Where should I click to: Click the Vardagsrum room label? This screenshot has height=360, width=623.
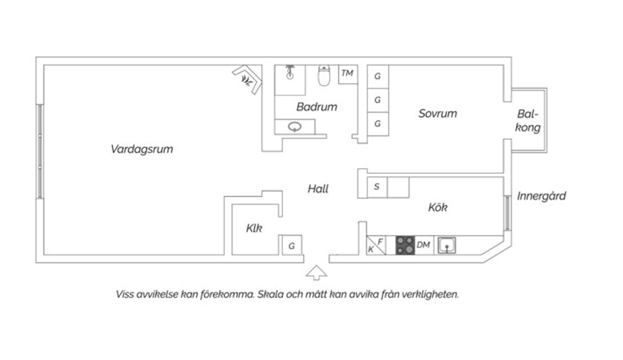pos(141,149)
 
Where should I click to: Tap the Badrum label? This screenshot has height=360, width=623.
pos(317,107)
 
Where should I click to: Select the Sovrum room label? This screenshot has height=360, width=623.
pos(437,114)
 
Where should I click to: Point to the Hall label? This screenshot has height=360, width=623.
pos(318,189)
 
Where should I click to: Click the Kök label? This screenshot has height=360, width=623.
pos(438,208)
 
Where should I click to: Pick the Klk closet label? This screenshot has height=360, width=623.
pos(254,228)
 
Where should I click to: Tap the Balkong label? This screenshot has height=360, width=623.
pos(528,121)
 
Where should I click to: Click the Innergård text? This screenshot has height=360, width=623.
pos(541,196)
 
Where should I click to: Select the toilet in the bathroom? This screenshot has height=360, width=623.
pos(323,77)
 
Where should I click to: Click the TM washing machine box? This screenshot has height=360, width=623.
pos(347,73)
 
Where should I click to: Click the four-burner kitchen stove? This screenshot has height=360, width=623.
pos(405,245)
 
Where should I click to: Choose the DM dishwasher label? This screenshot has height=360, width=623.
pos(424,245)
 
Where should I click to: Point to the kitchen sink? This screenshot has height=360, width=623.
pos(446,245)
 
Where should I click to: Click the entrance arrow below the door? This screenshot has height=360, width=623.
pos(316,272)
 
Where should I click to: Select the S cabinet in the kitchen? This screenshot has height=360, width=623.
pos(376,187)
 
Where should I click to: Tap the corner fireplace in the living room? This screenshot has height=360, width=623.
pos(247,79)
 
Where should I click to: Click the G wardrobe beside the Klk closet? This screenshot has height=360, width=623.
pos(292,246)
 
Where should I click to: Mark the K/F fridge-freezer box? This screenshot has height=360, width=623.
pos(376,245)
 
